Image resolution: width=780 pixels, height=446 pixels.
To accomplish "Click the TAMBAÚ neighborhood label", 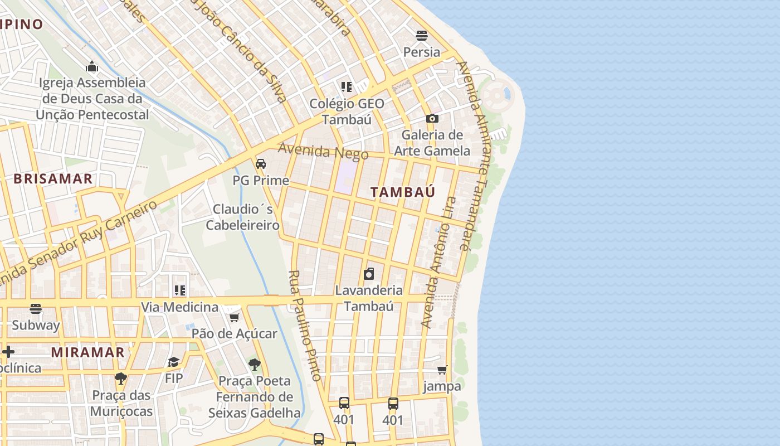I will coord(403,192).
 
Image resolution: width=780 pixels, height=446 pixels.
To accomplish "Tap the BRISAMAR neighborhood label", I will coord(53,179).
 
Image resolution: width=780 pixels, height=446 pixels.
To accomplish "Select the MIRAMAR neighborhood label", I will coord(88,352).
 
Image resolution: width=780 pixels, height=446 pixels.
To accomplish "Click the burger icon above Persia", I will coord(422,36).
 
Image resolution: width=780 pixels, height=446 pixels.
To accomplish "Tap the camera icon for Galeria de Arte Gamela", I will coord(432,118).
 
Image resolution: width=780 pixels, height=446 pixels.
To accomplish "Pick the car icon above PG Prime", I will coord(260,164).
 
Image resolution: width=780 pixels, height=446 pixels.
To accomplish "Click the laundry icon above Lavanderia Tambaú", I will coord(368,274).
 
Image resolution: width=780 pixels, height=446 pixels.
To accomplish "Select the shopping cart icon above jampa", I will coord(442,370).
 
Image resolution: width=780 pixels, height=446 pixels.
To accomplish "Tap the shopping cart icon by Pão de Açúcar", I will coord(235,317).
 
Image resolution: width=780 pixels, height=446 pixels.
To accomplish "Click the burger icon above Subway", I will coord(36,308).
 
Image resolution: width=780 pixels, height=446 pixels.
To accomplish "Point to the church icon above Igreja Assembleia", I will coord(92,67).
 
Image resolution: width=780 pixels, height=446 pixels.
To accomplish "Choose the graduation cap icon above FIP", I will coord(174,362).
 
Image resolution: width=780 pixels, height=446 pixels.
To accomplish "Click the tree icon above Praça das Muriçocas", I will coord(121,379).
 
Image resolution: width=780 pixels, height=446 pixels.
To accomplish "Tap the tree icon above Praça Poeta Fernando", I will coord(255,365).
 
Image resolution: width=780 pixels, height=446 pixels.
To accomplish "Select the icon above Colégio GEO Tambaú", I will coord(347,87).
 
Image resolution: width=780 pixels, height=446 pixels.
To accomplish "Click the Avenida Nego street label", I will coord(323,151).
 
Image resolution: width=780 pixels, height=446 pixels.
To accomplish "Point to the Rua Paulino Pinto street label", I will coord(305,326).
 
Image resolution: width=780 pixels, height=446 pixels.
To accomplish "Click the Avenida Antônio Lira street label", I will coord(438,262).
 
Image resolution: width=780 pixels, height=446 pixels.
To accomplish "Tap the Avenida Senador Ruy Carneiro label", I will coord(78,243).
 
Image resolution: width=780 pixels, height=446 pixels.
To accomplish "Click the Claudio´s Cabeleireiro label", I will coord(243,217).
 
